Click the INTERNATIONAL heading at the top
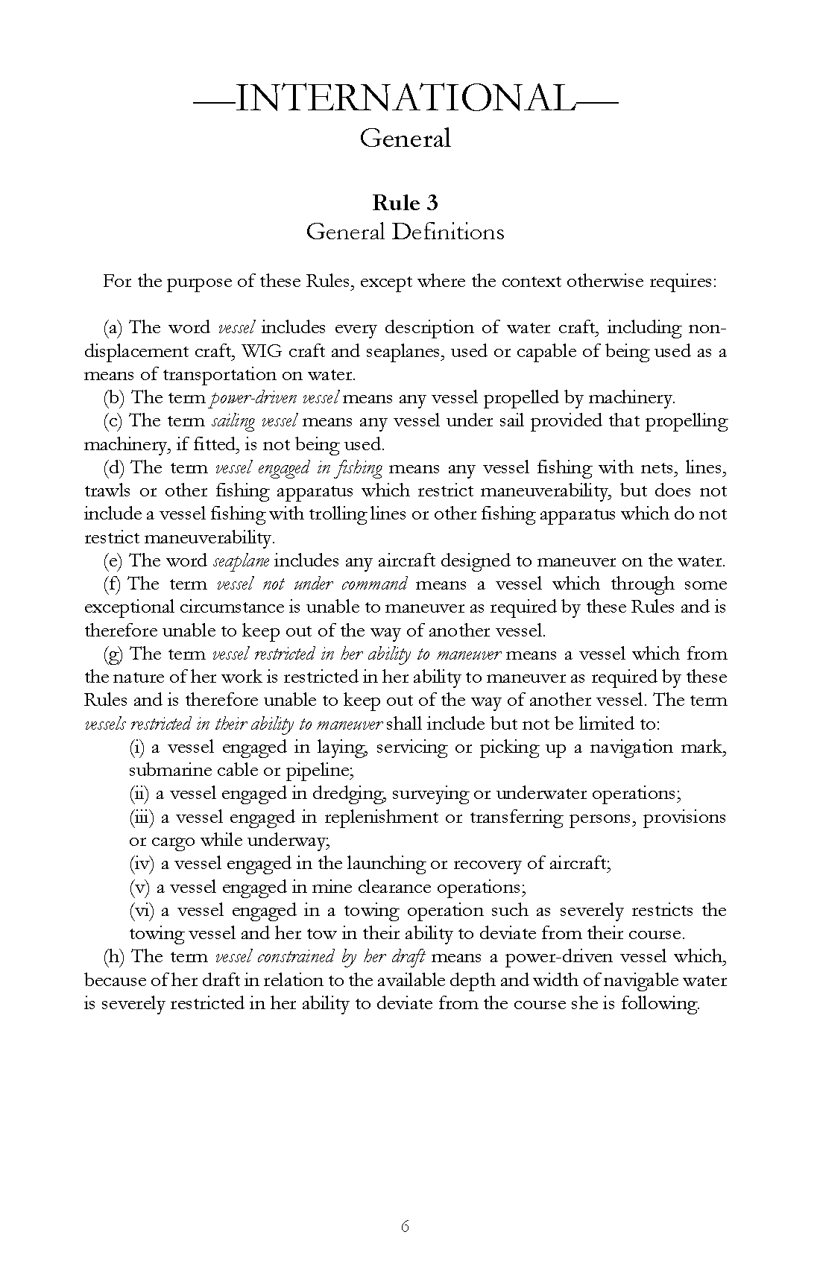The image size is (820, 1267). pos(406,98)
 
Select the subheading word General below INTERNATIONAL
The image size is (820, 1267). pos(406,138)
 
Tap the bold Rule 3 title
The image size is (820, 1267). pos(406,203)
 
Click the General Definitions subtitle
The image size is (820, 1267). pos(406,232)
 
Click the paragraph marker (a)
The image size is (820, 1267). pos(113,328)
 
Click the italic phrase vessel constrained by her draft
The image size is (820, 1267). pos(319,957)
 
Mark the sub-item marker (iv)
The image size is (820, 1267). pos(141,864)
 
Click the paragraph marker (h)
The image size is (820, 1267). pos(114,957)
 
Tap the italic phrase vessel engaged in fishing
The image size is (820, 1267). pos(298,468)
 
